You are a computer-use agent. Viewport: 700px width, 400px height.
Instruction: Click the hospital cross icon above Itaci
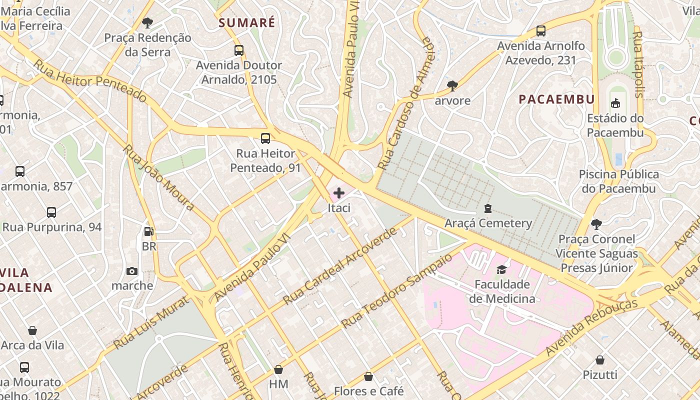tap(339, 193)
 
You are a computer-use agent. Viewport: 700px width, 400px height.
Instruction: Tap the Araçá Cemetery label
tap(488, 223)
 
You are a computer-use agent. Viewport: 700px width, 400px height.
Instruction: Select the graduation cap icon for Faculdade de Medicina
tap(501, 270)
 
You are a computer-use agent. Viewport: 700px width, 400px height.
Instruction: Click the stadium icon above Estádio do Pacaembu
tap(615, 103)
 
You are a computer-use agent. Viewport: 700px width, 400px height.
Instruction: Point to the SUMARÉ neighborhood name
tap(247, 22)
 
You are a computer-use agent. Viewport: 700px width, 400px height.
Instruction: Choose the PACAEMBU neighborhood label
tap(556, 99)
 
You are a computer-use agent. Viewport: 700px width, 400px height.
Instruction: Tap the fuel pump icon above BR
tap(148, 231)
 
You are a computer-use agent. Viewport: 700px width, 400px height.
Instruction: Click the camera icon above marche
tap(132, 271)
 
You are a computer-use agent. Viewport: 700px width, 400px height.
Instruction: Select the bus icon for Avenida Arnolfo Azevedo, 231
tap(540, 31)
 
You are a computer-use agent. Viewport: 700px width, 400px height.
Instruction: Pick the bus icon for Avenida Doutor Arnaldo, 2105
tap(239, 50)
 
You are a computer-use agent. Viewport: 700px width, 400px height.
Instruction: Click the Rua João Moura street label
tap(158, 177)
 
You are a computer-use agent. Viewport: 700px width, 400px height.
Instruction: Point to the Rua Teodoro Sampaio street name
tap(397, 291)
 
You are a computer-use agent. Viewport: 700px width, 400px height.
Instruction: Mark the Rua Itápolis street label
tap(638, 64)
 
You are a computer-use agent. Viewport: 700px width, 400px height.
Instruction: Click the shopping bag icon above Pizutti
tap(600, 360)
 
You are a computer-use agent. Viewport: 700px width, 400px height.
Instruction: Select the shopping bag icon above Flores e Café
tap(368, 376)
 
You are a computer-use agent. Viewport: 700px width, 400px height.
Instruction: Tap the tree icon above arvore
tap(452, 85)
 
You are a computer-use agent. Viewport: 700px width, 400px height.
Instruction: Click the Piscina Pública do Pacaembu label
tap(619, 181)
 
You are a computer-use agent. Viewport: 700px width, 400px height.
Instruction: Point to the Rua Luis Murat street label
tap(151, 323)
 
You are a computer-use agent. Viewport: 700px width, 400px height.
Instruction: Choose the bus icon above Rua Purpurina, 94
tap(51, 212)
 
